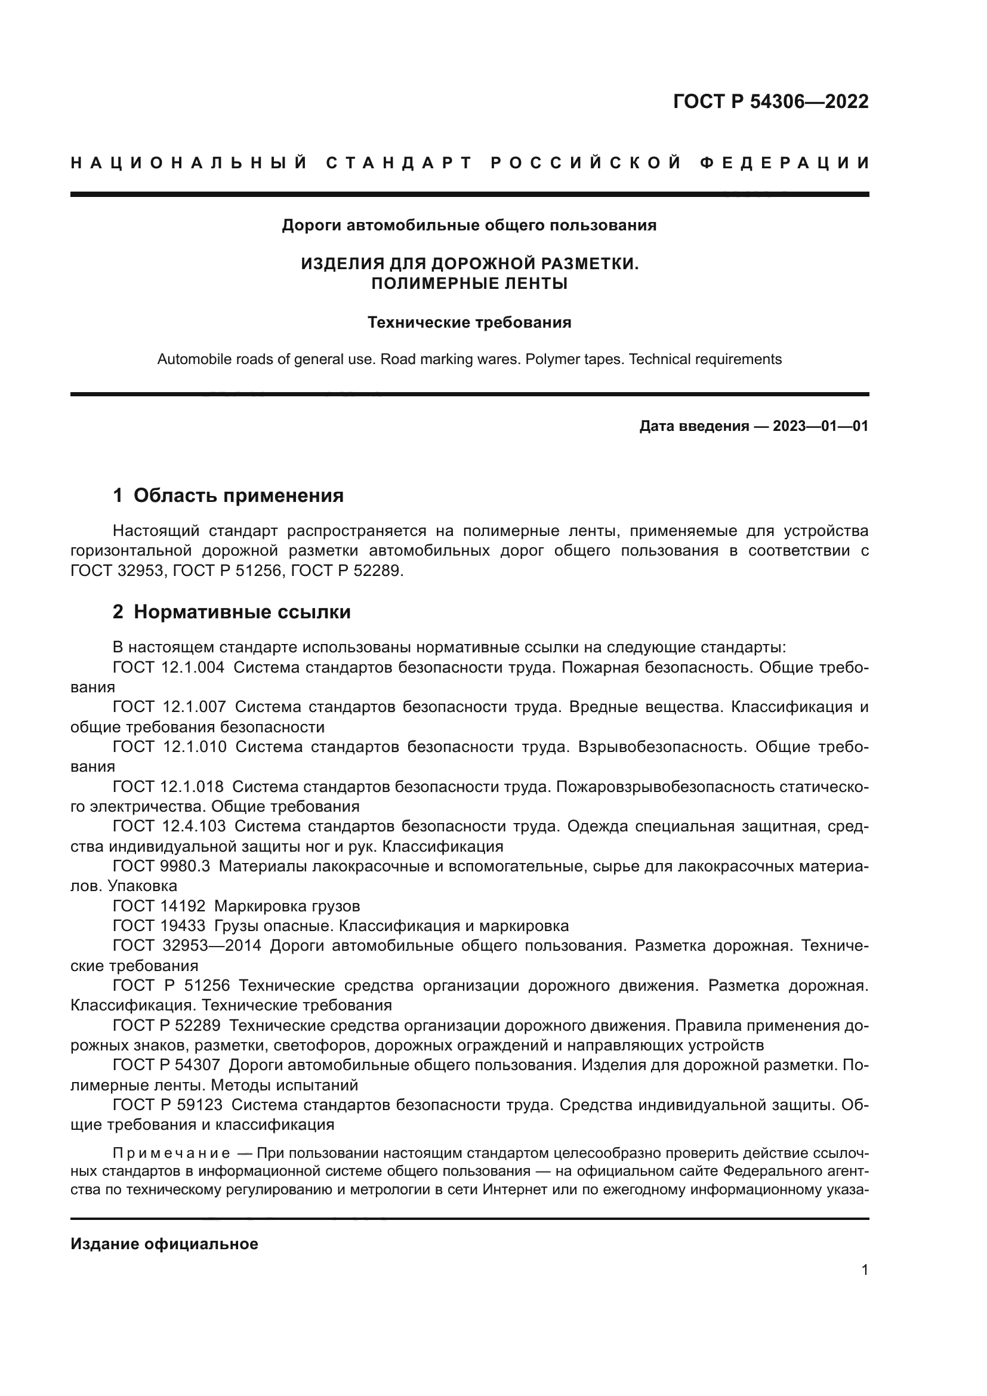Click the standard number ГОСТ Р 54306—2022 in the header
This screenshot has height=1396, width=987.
tap(770, 101)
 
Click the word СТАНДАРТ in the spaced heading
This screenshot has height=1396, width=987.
tap(399, 163)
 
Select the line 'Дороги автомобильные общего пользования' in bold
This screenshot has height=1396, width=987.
tap(469, 226)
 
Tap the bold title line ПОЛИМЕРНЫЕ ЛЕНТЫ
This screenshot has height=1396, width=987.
tap(469, 283)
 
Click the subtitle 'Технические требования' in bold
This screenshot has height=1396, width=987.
tap(469, 323)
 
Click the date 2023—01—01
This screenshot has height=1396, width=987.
tap(821, 426)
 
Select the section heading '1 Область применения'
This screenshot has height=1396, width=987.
tap(229, 495)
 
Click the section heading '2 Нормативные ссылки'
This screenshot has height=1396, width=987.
tap(232, 612)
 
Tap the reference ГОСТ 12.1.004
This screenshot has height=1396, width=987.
tap(168, 668)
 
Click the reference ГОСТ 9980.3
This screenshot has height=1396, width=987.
tap(161, 866)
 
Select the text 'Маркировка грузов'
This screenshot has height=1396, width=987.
tap(287, 906)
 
